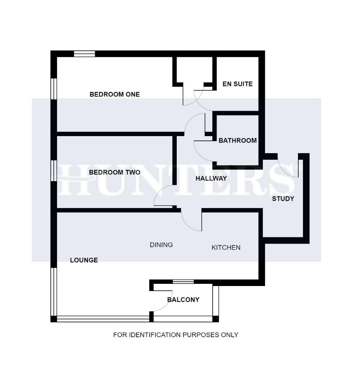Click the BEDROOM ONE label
[114, 94]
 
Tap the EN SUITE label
[237, 84]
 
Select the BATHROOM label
[237, 140]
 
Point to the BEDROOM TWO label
[114, 172]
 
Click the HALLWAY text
[211, 179]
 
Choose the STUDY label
[283, 199]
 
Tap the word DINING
[161, 245]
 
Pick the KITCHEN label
[226, 248]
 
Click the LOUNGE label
[84, 260]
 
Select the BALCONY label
[183, 300]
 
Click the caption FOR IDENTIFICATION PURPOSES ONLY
[176, 335]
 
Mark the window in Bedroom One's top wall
[84, 54]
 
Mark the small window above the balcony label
[183, 282]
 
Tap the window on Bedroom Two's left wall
[54, 170]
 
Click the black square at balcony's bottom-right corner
[215, 319]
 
